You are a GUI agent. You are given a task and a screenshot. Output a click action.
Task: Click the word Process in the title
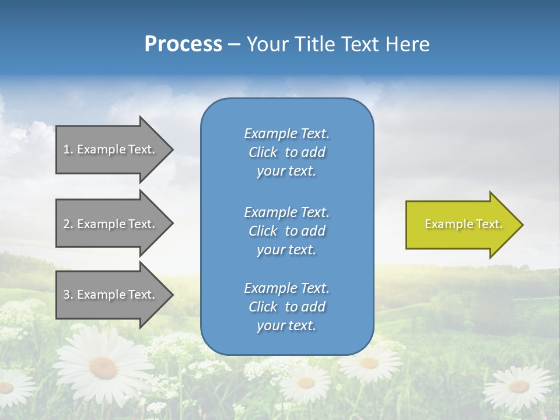pyautogui.click(x=183, y=44)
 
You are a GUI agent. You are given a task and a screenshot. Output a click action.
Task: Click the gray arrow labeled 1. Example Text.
pyautogui.click(x=111, y=149)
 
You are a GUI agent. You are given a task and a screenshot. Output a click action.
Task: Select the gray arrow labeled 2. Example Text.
pyautogui.click(x=111, y=224)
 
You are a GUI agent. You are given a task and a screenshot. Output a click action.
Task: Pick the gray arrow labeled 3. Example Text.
pyautogui.click(x=111, y=295)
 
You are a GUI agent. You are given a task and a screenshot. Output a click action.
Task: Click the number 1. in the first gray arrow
pyautogui.click(x=68, y=149)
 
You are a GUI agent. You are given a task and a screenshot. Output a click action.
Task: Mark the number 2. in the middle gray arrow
pyautogui.click(x=68, y=224)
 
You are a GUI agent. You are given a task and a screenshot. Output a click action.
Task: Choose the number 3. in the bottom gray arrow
pyautogui.click(x=68, y=295)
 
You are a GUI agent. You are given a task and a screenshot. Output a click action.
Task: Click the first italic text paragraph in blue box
pyautogui.click(x=286, y=152)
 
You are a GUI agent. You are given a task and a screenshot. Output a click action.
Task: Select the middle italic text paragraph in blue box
pyautogui.click(x=286, y=231)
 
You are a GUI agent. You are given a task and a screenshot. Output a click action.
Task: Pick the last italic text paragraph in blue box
pyautogui.click(x=286, y=307)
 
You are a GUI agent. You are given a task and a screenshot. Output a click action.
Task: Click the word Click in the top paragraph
pyautogui.click(x=263, y=152)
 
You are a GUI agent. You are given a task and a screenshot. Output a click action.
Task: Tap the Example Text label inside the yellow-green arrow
pyautogui.click(x=463, y=224)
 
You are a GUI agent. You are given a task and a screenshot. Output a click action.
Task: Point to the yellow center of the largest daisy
pyautogui.click(x=103, y=367)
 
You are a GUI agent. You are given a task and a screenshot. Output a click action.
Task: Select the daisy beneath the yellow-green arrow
pyautogui.click(x=518, y=386)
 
